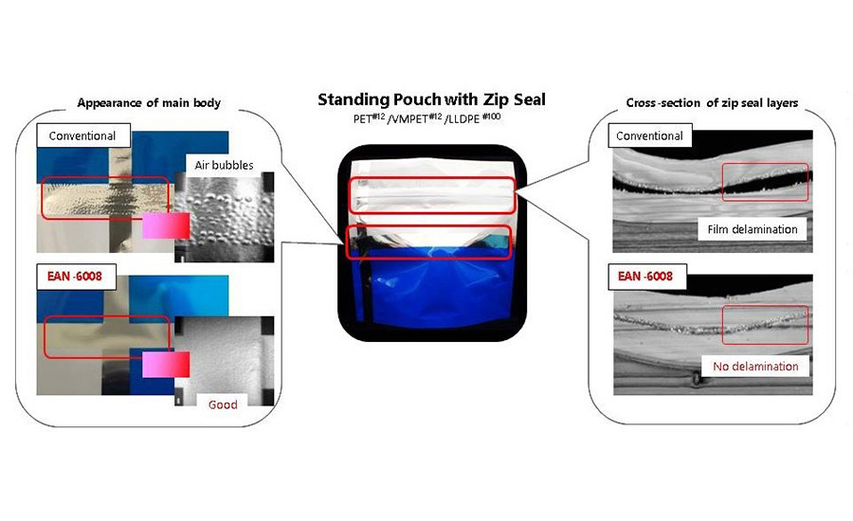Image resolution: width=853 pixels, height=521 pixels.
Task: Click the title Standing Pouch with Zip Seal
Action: (x=431, y=99)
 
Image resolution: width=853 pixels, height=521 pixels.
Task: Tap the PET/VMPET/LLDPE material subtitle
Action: (x=427, y=118)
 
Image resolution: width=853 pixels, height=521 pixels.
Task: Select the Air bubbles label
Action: (x=224, y=165)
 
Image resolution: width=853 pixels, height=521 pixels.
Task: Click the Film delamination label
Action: (x=753, y=229)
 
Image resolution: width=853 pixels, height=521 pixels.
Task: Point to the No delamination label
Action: (x=755, y=366)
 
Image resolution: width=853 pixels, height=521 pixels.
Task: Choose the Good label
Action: (x=223, y=404)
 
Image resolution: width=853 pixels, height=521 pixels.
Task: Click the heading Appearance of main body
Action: (x=149, y=103)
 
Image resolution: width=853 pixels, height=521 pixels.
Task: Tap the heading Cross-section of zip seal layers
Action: (x=712, y=103)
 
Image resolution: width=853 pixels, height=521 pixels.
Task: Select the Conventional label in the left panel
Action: (x=83, y=135)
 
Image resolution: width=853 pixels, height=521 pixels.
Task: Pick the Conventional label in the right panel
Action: (x=649, y=135)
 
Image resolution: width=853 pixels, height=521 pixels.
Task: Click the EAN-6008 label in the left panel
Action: (x=75, y=277)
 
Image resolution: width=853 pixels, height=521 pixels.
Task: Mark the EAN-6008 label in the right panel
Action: (x=645, y=277)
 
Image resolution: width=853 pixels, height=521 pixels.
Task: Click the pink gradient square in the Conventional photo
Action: (x=166, y=225)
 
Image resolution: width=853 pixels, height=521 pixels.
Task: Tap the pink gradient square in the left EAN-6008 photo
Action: (x=166, y=365)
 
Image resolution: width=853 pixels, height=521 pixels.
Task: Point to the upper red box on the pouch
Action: (x=432, y=178)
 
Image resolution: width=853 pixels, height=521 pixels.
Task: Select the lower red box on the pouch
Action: (x=429, y=225)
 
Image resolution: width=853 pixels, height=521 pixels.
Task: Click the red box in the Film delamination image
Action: (x=765, y=164)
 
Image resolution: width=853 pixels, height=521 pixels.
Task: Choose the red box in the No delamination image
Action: (x=765, y=306)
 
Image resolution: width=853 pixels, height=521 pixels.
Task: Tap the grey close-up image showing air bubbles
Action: (x=225, y=218)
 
